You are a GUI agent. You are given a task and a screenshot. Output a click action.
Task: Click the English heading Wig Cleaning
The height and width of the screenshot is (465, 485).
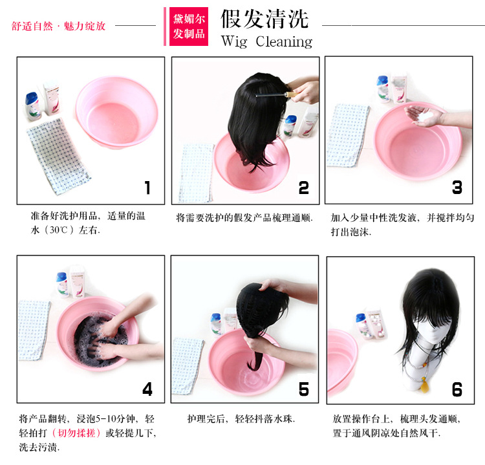[x=266, y=41]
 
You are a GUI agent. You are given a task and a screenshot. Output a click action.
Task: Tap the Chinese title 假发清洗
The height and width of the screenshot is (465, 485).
[x=264, y=19]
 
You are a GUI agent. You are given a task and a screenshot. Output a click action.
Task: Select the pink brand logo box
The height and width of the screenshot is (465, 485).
[x=189, y=27]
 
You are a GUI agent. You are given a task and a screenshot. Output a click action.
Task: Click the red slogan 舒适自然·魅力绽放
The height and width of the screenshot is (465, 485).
[x=58, y=26]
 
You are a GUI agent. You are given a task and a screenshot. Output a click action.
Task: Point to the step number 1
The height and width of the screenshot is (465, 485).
[x=147, y=188]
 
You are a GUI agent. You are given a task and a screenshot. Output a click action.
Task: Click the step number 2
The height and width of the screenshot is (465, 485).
[x=303, y=188]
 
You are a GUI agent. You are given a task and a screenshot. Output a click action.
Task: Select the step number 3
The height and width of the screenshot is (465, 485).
[x=457, y=187]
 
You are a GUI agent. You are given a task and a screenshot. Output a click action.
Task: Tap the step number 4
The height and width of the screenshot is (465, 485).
[x=147, y=389]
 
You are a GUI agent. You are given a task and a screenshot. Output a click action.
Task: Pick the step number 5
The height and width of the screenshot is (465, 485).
[x=303, y=389]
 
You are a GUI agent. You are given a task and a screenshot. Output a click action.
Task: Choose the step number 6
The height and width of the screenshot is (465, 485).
[x=457, y=389]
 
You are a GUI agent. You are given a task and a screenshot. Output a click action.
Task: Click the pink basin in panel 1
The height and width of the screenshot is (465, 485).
[x=117, y=113]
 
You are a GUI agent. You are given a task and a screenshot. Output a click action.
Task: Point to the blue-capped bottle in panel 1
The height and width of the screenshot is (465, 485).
[x=32, y=106]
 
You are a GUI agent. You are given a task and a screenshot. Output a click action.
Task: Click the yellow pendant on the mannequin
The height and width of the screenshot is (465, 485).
[x=424, y=386]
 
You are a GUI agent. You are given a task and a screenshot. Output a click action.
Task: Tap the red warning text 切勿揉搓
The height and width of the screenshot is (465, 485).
[x=76, y=433]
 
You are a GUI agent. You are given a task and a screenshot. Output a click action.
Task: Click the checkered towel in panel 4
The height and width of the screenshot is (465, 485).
[x=34, y=330]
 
